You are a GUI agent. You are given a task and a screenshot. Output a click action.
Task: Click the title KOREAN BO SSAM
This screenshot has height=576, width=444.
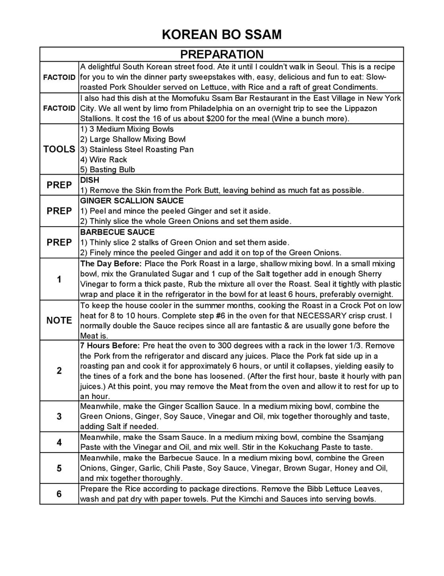tap(222, 35)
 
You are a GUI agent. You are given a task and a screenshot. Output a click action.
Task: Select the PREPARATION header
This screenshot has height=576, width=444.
tap(222, 54)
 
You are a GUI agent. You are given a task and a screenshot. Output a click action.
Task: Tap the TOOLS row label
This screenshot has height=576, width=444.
tap(59, 149)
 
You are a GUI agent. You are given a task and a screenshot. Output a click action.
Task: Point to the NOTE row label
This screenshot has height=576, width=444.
tap(59, 320)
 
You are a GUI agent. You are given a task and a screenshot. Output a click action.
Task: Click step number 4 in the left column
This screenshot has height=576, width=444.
tap(59, 442)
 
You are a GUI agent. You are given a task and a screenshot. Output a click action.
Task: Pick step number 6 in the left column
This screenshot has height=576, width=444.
tap(59, 494)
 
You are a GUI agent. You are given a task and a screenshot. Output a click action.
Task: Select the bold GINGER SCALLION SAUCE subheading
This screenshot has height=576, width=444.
tap(132, 201)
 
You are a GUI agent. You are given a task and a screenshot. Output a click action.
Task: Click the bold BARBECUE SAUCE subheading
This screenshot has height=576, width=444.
tap(117, 232)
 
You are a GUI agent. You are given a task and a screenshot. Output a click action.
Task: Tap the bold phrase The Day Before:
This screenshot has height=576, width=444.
tap(111, 264)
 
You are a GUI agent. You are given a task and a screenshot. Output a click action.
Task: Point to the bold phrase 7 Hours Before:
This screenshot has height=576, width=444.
tap(110, 346)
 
